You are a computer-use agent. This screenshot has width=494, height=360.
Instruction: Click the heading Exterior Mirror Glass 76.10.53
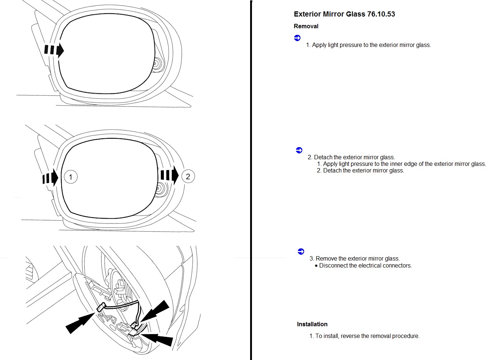pyautogui.click(x=344, y=14)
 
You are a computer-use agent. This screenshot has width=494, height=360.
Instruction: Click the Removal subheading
pyautogui.click(x=306, y=26)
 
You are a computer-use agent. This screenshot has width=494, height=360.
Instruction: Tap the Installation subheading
pyautogui.click(x=312, y=324)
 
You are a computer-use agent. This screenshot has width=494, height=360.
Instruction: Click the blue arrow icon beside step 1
pyautogui.click(x=297, y=38)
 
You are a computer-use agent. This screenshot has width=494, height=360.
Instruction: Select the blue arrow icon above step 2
pyautogui.click(x=299, y=150)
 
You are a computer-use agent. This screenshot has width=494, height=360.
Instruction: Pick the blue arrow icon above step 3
pyautogui.click(x=301, y=251)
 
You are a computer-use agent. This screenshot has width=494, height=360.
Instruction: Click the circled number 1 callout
pyautogui.click(x=71, y=177)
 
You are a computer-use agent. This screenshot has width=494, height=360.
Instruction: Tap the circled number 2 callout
pyautogui.click(x=188, y=176)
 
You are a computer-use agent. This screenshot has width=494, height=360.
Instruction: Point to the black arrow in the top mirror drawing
pyautogui.click(x=54, y=50)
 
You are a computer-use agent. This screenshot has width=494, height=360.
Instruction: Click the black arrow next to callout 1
pyautogui.click(x=50, y=178)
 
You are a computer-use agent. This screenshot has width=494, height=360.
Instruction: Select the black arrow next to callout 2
pyautogui.click(x=170, y=175)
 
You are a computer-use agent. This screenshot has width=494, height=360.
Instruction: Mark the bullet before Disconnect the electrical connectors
pyautogui.click(x=316, y=266)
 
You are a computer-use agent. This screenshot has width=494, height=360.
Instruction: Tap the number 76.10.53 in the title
pyautogui.click(x=381, y=14)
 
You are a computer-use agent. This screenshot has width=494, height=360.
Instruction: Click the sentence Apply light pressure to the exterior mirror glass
pyautogui.click(x=371, y=45)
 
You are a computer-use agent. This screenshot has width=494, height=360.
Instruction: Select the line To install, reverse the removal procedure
pyautogui.click(x=367, y=336)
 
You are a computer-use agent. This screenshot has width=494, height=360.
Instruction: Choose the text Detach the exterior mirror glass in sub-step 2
pyautogui.click(x=364, y=171)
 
